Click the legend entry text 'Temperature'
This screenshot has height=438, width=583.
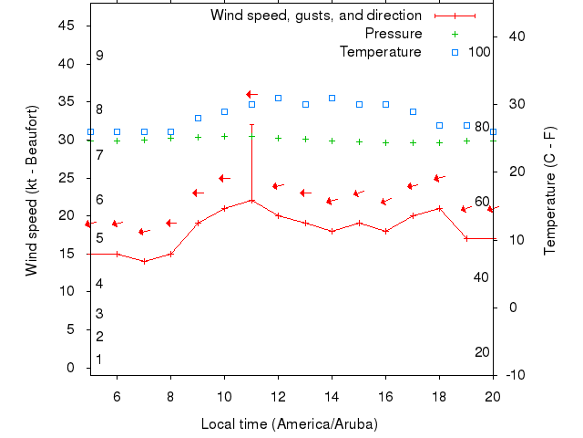point(381,52)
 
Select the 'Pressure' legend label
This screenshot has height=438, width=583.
point(394,34)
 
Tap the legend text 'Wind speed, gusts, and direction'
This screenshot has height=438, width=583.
point(316,16)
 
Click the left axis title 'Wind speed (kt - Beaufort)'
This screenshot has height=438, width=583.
point(32,190)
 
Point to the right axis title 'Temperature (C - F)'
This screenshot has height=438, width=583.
point(550,190)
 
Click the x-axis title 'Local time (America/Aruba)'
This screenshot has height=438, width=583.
point(289,424)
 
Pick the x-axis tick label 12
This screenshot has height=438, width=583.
point(278,395)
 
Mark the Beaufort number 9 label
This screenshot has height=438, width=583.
point(99,56)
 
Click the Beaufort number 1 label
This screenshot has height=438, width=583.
point(99,360)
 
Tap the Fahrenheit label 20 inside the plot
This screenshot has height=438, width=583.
point(482,352)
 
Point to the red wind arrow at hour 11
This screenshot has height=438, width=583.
point(252,94)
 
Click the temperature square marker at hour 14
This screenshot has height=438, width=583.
point(332,98)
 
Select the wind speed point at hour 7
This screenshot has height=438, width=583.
point(144,261)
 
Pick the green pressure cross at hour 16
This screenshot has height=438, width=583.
point(385,142)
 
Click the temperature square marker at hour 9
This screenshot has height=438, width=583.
point(198,118)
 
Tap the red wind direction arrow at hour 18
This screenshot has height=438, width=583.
point(439,178)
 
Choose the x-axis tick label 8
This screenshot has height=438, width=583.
point(170,395)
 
